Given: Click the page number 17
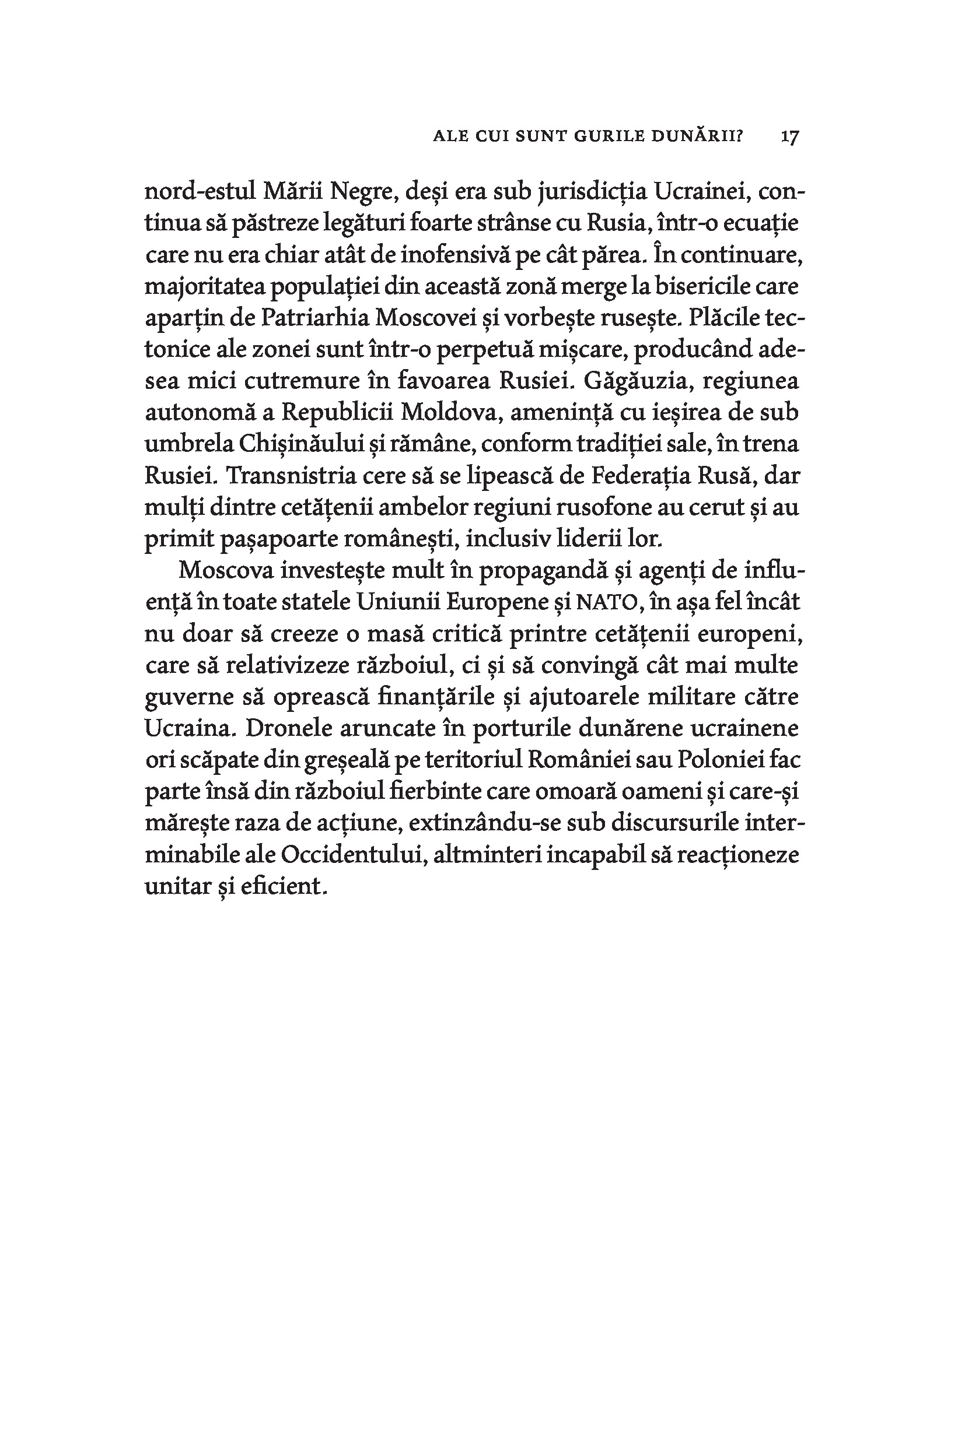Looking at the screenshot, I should tap(789, 136).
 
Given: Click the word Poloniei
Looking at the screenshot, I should tap(720, 761).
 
